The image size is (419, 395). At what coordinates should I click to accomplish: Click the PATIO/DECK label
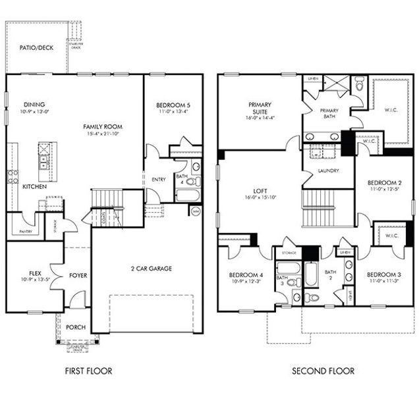coord(36,47)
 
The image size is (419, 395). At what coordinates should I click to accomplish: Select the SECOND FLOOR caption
coord(323,371)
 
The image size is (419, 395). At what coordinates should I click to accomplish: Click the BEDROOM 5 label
coord(173,105)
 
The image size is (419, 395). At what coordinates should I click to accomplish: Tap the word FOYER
coord(78,275)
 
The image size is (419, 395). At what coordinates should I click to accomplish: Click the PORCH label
coord(76,327)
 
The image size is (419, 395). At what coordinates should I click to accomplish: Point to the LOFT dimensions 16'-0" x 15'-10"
coord(260,196)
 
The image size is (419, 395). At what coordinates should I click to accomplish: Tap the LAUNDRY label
coord(327,171)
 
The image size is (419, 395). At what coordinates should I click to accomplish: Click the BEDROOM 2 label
coord(384,182)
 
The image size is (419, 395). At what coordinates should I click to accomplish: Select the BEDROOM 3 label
coord(384,274)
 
